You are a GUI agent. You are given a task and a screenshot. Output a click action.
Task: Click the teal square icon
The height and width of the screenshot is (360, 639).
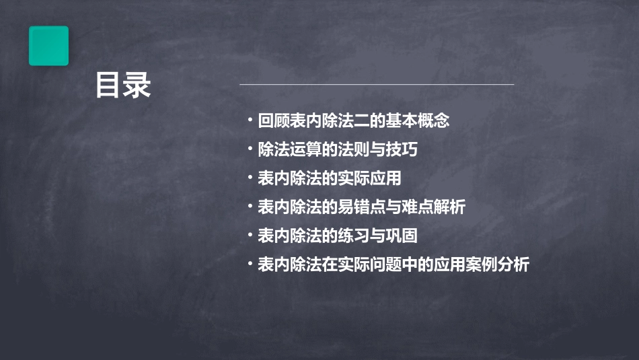(48, 46)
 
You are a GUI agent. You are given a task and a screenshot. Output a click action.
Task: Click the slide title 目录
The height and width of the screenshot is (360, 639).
(122, 85)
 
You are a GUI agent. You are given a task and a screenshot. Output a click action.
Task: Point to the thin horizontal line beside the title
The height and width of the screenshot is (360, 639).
(377, 84)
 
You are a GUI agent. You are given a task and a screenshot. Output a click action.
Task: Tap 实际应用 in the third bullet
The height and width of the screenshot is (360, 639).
(373, 178)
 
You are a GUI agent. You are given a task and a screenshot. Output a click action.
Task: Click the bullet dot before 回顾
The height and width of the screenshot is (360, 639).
(250, 121)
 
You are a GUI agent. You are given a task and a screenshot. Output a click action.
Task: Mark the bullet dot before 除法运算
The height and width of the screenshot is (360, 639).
(250, 149)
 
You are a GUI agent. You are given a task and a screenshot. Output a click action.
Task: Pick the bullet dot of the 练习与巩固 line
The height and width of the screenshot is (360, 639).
(250, 236)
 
